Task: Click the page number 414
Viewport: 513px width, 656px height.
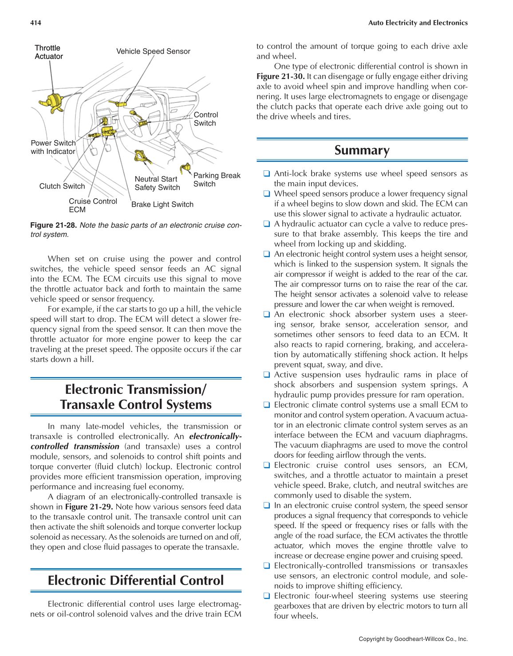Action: point(36,23)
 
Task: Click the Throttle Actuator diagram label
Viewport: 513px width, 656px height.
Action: point(48,52)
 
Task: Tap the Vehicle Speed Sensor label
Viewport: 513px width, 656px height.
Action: point(153,51)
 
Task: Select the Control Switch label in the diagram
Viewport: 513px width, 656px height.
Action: point(205,119)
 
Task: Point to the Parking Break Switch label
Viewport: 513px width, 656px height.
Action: point(217,180)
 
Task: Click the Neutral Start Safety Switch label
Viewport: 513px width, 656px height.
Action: point(157,183)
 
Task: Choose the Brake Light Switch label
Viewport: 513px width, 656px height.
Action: point(162,204)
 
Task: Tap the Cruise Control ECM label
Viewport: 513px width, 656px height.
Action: point(92,205)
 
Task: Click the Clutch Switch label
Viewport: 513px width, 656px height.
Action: point(62,186)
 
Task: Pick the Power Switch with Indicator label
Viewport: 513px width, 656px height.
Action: point(53,147)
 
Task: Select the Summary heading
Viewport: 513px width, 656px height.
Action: point(362,150)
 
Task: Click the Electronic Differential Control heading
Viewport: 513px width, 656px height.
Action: point(136,581)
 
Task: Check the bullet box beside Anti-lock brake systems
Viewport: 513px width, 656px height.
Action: point(266,173)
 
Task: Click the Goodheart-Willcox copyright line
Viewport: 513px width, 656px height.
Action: point(413,639)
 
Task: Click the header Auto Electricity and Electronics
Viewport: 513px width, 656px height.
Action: point(418,23)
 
